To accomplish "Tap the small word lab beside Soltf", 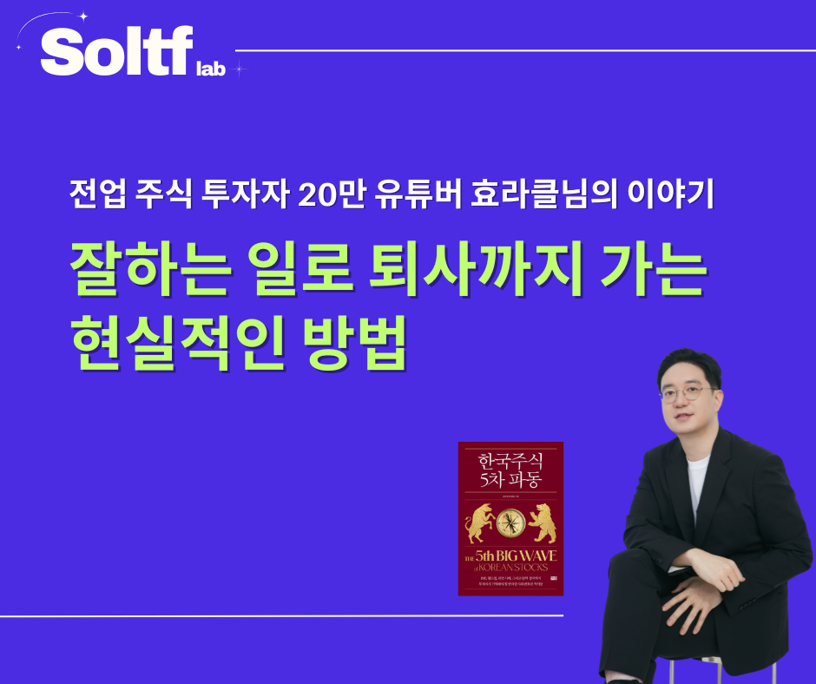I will point(211,69).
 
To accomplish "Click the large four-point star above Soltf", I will point(83,16).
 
